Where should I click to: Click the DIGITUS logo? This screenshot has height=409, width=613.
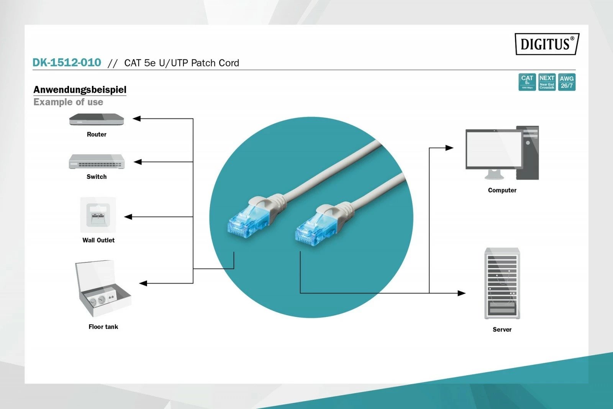click(546, 44)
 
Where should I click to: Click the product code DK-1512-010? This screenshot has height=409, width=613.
click(67, 63)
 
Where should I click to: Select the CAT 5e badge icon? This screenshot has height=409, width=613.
click(527, 82)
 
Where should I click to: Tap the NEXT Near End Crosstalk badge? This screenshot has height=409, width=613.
click(547, 82)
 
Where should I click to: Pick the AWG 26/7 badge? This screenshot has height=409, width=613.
click(567, 82)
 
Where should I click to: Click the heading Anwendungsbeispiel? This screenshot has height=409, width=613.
click(80, 89)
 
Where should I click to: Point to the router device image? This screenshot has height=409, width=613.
click(97, 119)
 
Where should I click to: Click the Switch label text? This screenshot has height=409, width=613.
click(97, 176)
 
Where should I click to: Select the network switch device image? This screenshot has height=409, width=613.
click(97, 162)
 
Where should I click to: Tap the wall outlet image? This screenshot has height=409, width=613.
click(98, 215)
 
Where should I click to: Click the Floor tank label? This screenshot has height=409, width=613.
click(103, 327)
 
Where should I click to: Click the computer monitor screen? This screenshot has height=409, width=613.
click(493, 148)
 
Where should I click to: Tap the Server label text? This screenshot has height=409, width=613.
click(502, 329)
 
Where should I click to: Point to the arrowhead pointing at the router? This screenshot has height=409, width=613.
click(137, 119)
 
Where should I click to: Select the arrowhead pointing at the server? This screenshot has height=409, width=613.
click(462, 293)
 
